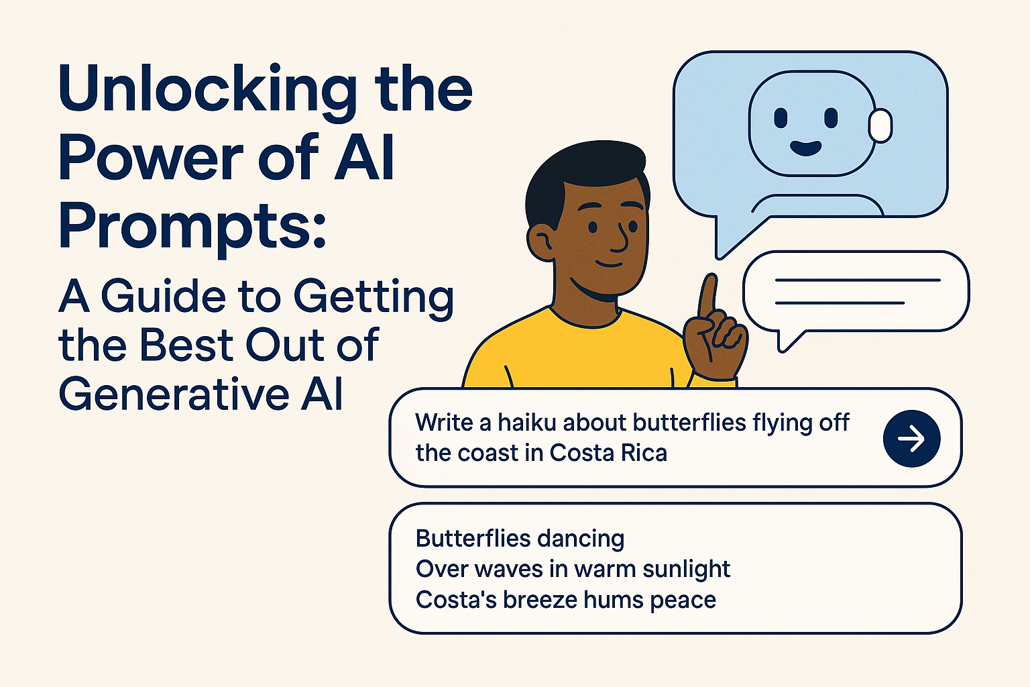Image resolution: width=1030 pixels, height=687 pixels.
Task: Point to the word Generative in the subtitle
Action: coord(174,394)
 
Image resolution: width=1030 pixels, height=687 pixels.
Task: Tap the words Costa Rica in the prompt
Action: coord(608,453)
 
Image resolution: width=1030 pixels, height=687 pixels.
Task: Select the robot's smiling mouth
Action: coord(805,148)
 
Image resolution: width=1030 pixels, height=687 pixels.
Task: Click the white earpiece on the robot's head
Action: coord(880,125)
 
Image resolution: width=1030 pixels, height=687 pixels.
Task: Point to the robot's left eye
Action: coord(781,118)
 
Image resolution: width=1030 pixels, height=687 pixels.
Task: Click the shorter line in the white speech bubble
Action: coord(840,303)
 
